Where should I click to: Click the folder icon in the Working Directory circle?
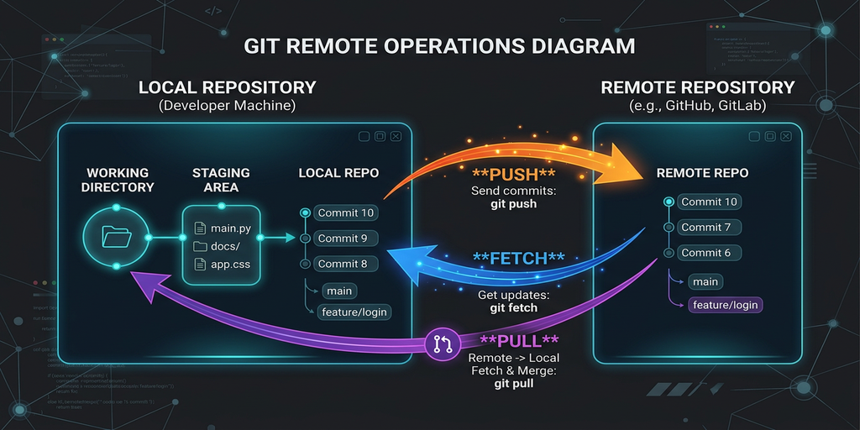117,239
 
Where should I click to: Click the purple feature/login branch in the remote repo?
725,305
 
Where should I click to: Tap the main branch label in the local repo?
339,291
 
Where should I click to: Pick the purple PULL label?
518,340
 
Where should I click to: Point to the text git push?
513,204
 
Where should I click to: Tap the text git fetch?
513,307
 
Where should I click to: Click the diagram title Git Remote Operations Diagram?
439,45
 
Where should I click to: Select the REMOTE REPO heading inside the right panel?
702,173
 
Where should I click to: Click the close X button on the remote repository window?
789,137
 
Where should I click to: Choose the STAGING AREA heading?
221,180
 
